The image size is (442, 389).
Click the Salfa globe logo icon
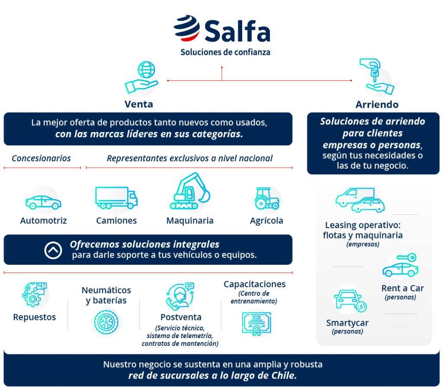click(x=186, y=29)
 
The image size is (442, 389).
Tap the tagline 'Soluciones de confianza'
click(x=225, y=53)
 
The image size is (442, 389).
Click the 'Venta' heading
click(x=139, y=104)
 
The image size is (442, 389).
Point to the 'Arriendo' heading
click(x=377, y=105)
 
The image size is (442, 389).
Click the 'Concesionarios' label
click(x=41, y=158)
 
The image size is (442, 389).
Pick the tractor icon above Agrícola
click(x=266, y=199)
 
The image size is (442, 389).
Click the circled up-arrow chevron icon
click(x=53, y=250)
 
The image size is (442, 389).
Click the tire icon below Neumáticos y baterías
click(x=106, y=322)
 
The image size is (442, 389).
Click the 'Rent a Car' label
click(x=402, y=288)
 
